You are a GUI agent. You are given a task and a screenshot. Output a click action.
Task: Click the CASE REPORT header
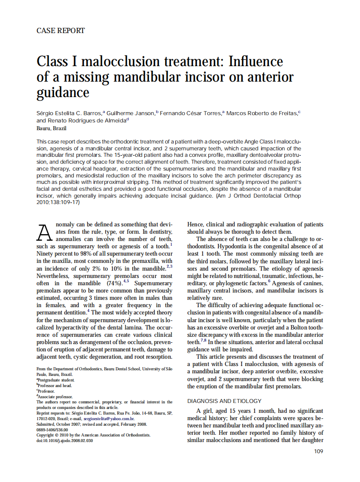[61, 31]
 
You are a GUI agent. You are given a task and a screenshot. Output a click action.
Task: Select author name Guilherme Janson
[130, 113]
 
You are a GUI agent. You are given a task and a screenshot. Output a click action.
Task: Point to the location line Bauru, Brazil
[52, 128]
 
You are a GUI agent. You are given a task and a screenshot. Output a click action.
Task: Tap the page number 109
[318, 451]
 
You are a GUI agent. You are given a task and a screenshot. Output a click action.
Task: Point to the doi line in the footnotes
[64, 440]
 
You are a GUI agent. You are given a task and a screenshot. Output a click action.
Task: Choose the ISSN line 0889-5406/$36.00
[52, 429]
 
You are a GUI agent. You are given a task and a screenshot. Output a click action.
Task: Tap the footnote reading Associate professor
[55, 397]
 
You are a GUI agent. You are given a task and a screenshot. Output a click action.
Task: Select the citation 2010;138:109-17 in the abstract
[58, 202]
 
